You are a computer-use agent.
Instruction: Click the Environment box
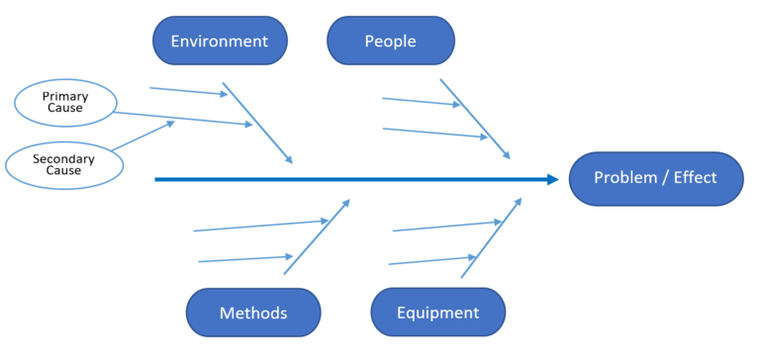[219, 42]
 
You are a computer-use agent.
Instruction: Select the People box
[391, 42]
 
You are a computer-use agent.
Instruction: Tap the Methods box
[253, 313]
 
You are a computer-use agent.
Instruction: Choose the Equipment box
[437, 313]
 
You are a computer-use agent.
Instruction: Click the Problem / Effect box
[656, 179]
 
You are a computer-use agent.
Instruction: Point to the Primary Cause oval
[65, 101]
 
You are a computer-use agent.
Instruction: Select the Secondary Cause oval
[64, 165]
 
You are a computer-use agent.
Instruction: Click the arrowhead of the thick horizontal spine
[553, 179]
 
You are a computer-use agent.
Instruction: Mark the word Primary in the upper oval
[65, 95]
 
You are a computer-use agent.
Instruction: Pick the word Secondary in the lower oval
[63, 158]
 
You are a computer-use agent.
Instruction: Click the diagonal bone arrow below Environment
[257, 123]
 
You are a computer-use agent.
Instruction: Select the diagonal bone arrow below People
[475, 119]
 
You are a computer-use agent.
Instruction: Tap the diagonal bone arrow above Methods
[317, 237]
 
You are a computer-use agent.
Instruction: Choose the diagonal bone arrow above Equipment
[491, 237]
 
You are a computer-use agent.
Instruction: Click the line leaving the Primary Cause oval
[183, 119]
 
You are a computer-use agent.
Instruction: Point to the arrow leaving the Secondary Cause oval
[143, 135]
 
